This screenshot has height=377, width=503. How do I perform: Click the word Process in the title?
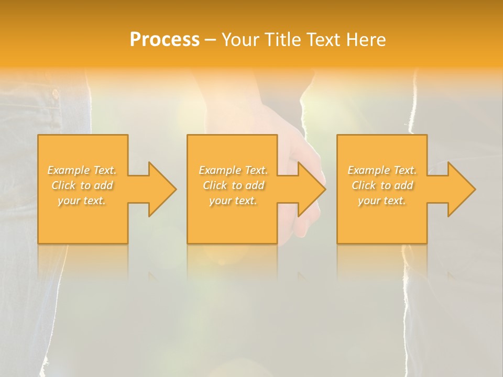[165, 40]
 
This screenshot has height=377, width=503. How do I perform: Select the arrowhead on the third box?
[461, 189]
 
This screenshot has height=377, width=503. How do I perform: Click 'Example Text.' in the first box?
[82, 170]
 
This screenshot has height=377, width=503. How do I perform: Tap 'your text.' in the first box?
[82, 201]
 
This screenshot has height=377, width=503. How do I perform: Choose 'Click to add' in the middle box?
[233, 185]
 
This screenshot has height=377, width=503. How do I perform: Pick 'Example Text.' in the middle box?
[233, 170]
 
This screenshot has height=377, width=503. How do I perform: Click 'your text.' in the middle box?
[233, 201]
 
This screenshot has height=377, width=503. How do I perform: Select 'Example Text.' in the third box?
[382, 170]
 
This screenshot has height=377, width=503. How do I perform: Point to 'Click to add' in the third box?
[382, 185]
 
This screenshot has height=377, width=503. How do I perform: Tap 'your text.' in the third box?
[382, 201]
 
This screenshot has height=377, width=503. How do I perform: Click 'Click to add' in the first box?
[82, 185]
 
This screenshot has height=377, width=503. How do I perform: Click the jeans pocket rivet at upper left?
[55, 94]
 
